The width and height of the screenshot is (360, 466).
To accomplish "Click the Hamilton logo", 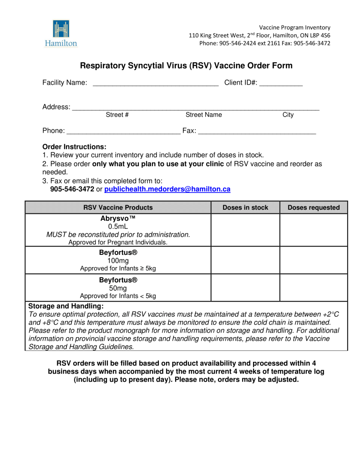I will pos(61,33).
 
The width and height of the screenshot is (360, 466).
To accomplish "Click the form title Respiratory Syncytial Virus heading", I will pos(186,66).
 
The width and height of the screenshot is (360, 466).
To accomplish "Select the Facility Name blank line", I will pos(155,83).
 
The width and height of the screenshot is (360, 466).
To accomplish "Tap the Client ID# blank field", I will pos(281,83).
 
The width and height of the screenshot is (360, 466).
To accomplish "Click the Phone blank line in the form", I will pos(123,132).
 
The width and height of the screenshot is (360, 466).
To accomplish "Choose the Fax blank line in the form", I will pos(257,132).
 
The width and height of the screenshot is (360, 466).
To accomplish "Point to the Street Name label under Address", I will pos(203,115).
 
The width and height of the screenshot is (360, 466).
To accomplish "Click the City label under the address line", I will pos(288,115).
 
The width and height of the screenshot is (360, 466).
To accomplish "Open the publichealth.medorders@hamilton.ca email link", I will pos(167,189).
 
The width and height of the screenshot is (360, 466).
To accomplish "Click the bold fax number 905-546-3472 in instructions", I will pos(72,189).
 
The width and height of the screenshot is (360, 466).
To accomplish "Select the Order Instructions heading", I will pos(74,147).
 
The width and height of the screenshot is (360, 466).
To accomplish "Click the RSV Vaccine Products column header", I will pos(118,208).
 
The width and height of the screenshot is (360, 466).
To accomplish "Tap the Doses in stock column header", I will pos(245,208).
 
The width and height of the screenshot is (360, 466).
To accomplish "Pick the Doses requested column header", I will pos(314,208).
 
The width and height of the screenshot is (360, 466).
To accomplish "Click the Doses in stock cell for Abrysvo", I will pos(245,230).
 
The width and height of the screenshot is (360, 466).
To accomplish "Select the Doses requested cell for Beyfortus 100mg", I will pos(314,260).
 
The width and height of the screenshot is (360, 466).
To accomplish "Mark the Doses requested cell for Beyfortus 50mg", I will pos(314,287).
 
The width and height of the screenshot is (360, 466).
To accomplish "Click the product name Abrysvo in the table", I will pos(118,218).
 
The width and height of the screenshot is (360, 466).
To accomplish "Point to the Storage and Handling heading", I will pos(66,306).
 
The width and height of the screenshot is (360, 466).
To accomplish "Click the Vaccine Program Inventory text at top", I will pos(294,27).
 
